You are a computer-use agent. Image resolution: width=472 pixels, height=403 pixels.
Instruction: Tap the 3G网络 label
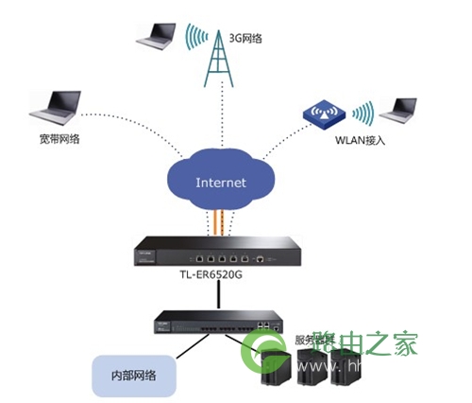[x=248, y=37]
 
